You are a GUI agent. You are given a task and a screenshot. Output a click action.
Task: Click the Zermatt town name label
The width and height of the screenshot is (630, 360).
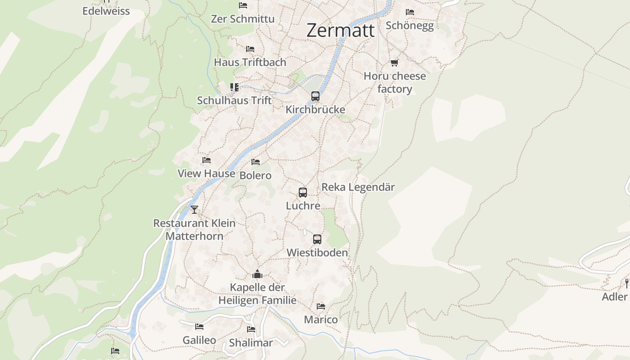tap(341, 31)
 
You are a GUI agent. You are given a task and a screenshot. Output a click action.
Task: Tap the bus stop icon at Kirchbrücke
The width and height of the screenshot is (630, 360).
tap(315, 96)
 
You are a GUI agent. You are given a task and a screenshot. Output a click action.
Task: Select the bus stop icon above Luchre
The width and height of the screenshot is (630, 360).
tap(303, 193)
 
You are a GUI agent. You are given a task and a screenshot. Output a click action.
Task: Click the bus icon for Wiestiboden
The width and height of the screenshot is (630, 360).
tap(317, 239)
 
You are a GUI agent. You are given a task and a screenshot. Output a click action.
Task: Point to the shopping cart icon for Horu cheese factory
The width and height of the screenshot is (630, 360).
tap(395, 63)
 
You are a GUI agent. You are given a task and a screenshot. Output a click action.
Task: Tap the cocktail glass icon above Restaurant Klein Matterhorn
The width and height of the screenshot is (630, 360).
tap(194, 210)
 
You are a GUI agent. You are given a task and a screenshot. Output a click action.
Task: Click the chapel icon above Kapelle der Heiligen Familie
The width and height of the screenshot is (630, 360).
tap(257, 274)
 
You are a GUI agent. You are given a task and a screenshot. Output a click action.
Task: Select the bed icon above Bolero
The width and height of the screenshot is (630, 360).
tap(256, 162)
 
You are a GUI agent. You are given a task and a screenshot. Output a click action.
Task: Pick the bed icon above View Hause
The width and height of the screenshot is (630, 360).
tap(207, 160)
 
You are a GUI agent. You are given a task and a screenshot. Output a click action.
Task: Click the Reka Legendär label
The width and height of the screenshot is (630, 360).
tap(358, 187)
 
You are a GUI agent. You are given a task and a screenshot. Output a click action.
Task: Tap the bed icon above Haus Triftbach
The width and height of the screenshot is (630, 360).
tap(250, 49)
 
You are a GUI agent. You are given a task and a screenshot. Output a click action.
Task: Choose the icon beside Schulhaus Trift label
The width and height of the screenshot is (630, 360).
tap(234, 87)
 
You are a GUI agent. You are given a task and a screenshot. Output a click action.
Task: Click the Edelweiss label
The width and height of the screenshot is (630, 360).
tap(106, 11)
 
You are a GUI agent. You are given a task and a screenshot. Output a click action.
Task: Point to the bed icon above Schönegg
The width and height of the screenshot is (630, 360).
tap(409, 12)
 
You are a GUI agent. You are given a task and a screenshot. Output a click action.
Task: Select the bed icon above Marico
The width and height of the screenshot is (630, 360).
tap(321, 306)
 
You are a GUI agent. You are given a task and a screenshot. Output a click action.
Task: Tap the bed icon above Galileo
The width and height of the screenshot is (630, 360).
tap(199, 327)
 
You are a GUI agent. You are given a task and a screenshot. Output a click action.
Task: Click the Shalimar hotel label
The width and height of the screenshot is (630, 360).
tap(251, 343)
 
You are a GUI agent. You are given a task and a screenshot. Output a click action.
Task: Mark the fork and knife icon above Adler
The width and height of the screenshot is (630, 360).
tap(626, 283)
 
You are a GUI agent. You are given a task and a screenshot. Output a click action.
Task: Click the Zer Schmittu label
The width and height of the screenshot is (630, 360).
tap(243, 19)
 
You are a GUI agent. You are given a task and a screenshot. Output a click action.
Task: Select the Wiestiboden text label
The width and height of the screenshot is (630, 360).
tap(317, 253)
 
